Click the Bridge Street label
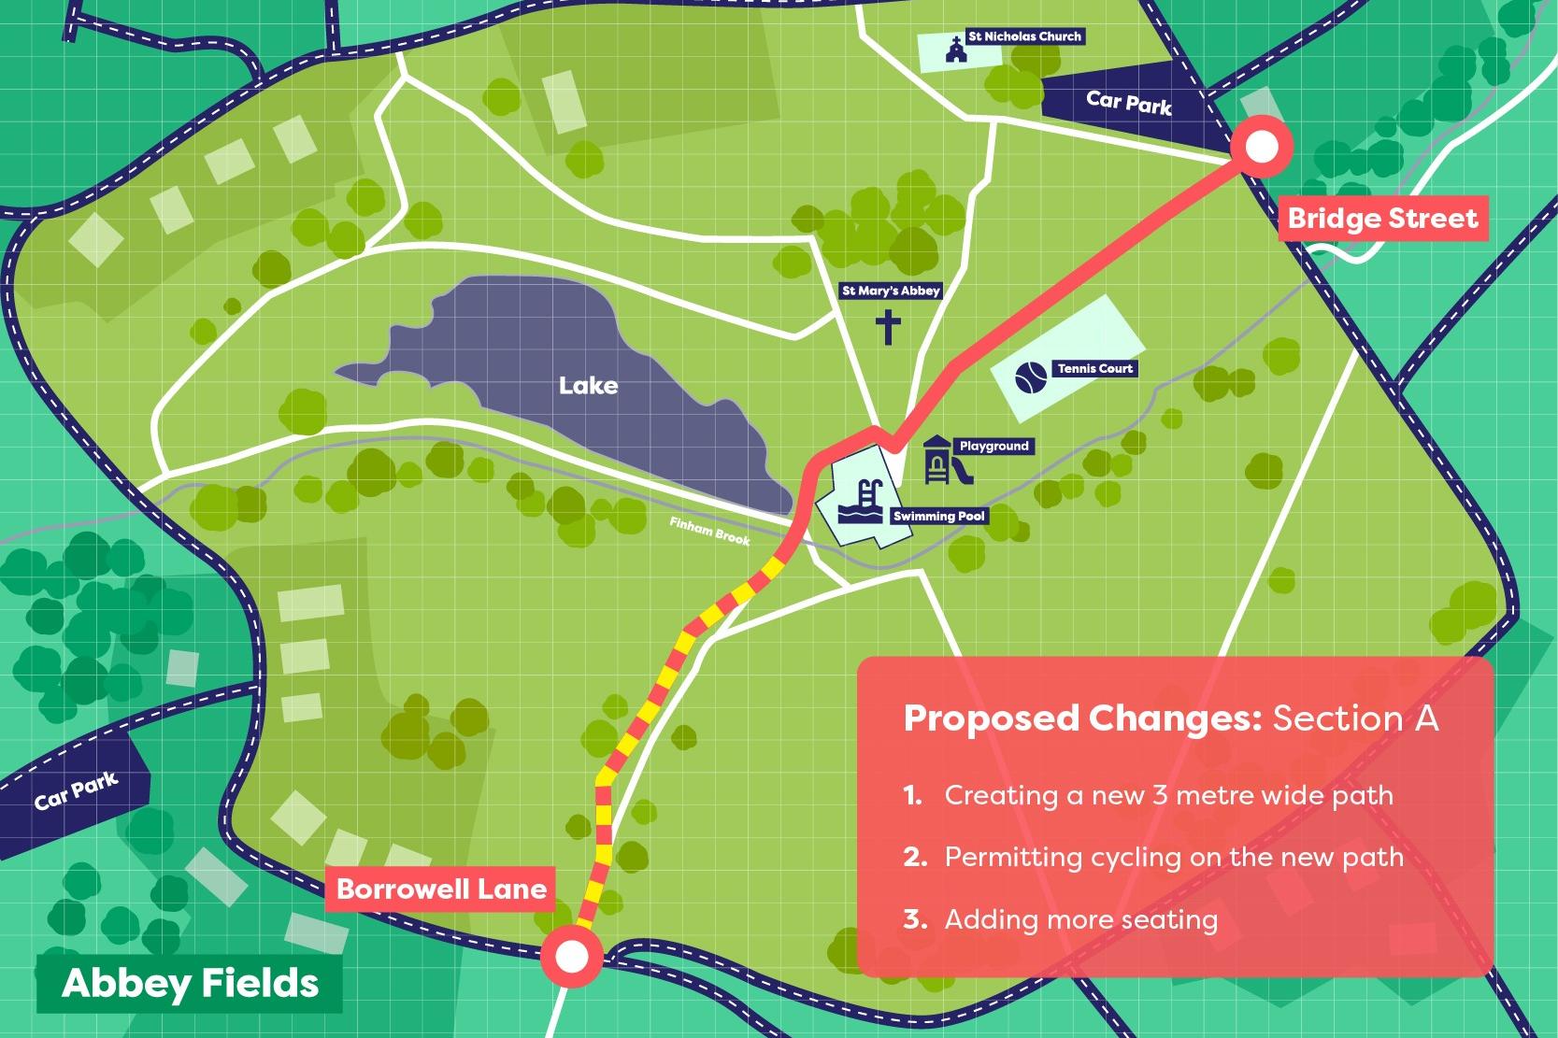1382,219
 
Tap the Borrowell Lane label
441,888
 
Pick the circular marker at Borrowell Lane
572,957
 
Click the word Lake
588,385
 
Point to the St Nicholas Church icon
954,49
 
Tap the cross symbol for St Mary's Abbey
888,327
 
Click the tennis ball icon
1032,377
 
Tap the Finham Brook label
709,531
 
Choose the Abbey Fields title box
190,984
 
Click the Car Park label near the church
1128,102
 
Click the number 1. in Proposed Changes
913,796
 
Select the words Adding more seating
1080,919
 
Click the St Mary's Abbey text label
891,291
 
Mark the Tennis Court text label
1094,369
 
